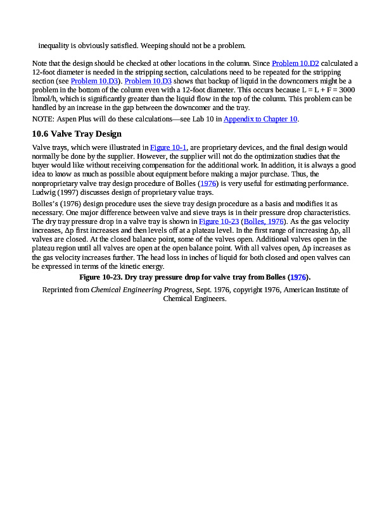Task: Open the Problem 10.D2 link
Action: point(295,63)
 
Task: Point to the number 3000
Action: point(345,90)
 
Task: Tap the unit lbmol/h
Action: point(45,99)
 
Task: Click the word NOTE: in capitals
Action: point(43,119)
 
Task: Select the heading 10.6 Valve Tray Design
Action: point(77,134)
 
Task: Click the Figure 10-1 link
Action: point(168,147)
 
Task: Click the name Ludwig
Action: point(44,193)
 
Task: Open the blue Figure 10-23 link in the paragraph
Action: point(218,222)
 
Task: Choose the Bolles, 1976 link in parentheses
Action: point(266,222)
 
